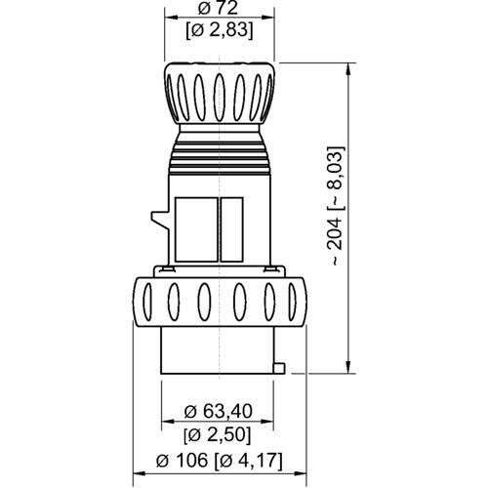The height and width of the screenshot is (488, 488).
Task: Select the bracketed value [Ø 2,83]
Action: (221, 30)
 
